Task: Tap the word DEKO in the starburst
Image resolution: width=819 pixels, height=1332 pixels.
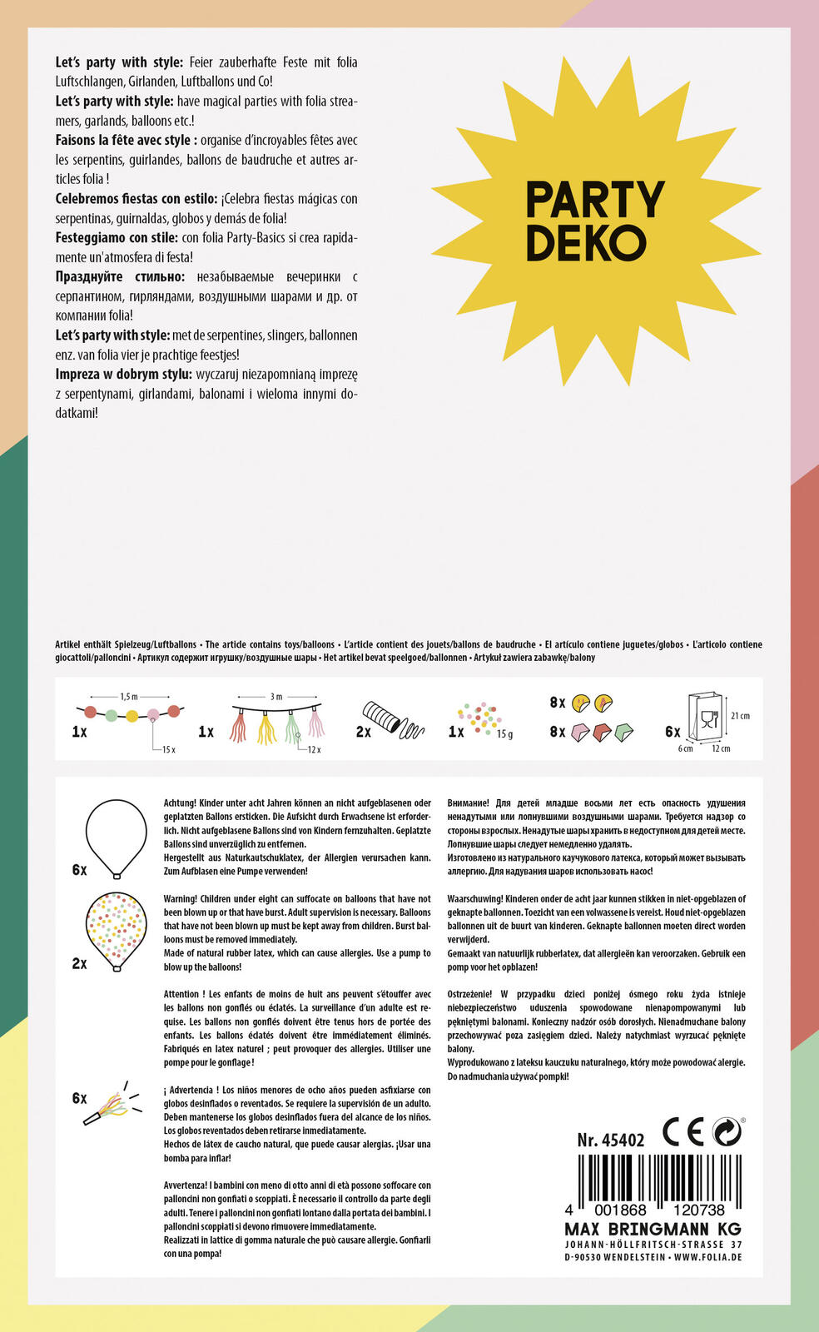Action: coord(586,242)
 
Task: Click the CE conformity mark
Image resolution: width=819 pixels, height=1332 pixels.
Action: coord(683,1132)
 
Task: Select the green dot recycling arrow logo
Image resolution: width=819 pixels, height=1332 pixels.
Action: coord(727,1132)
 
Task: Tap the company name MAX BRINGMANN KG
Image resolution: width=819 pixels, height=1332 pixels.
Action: coord(653,1230)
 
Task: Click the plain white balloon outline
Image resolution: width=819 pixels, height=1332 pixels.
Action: coord(117,837)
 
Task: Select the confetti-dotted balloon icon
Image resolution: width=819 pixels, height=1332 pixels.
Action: coord(117,930)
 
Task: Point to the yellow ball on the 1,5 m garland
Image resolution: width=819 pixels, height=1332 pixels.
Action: coord(132,715)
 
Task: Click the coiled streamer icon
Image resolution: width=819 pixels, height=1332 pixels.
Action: coord(391,721)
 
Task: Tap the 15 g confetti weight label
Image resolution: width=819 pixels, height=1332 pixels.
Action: coord(504,734)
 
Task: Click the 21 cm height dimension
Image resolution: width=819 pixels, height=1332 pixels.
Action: coord(739,716)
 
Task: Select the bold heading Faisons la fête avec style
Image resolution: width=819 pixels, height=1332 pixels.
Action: coord(126,140)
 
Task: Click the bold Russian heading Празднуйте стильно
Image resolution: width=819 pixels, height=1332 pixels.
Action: coord(120,276)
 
